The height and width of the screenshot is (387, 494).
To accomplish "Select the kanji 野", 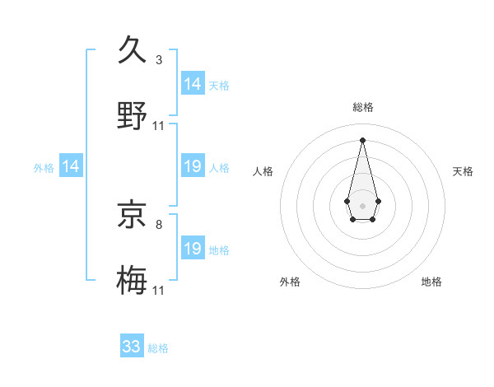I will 133,115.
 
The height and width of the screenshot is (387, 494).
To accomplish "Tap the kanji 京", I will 133,214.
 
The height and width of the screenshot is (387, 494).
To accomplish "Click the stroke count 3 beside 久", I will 159,60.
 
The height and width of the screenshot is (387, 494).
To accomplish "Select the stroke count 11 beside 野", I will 159,126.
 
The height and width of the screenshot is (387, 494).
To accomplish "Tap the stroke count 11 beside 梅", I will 159,291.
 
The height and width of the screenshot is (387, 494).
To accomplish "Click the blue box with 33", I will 132,347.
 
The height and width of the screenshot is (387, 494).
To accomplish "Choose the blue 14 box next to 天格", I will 193,84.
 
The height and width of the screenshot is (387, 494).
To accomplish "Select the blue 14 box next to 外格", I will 71,167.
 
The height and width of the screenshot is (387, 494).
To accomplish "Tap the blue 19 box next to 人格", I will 193,167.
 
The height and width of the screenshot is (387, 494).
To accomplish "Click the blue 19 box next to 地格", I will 193,249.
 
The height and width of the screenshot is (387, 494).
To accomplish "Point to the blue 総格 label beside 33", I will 158,348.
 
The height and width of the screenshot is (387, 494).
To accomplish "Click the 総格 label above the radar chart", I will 363,107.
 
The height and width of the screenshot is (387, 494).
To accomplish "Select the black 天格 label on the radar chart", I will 463,171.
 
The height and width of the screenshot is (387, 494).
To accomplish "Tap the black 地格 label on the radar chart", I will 431,282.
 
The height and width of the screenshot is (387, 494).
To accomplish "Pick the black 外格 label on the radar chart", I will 290,282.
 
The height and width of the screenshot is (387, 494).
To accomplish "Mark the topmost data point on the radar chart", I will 362,140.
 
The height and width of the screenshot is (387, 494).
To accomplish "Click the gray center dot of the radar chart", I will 362,204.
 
